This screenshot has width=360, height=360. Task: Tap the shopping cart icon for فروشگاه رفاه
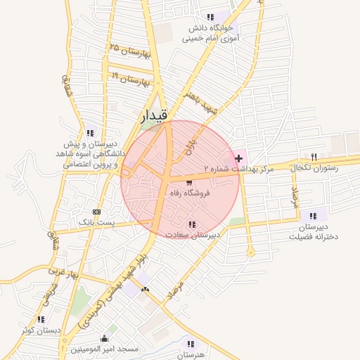click(x=188, y=183)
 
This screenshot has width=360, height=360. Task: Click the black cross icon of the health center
click(x=239, y=157)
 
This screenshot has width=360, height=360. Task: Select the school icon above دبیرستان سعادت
click(x=193, y=224)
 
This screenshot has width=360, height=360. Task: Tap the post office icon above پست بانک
click(x=96, y=211)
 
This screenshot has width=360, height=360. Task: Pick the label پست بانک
click(x=95, y=222)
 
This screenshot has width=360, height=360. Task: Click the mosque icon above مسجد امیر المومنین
click(x=105, y=338)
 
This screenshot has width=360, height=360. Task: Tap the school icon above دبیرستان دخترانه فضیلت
click(x=313, y=216)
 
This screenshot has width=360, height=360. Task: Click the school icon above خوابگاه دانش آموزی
click(x=210, y=17)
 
